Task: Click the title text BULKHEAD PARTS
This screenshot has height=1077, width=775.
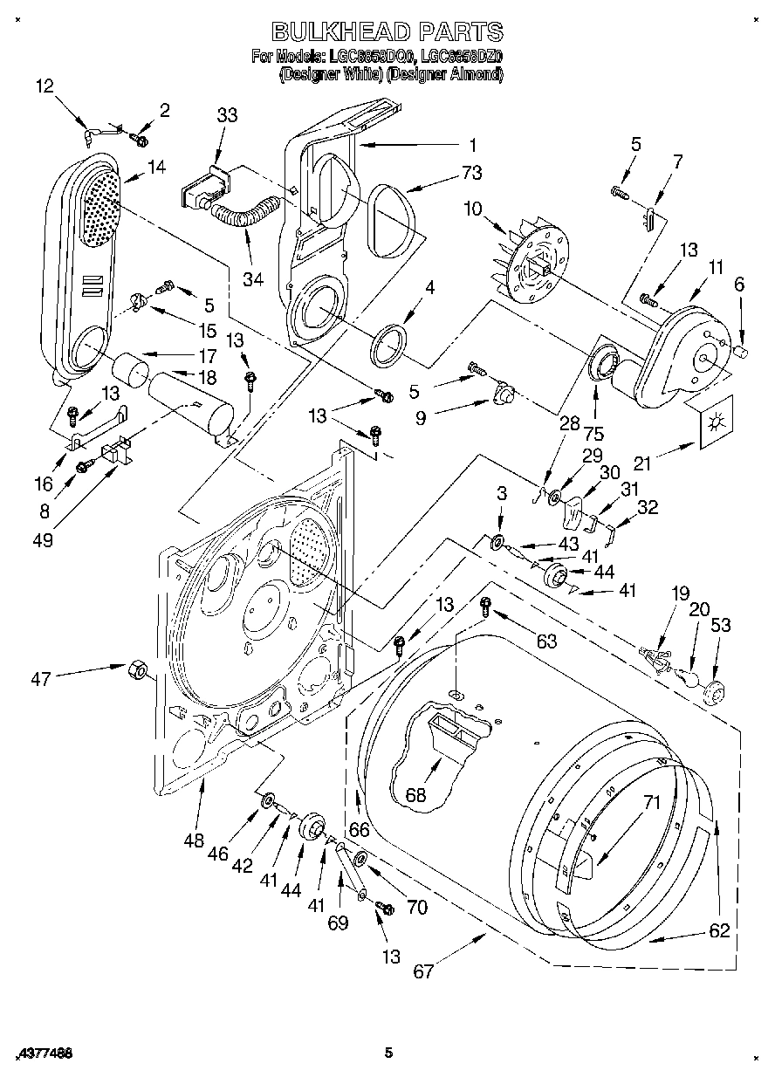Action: pyautogui.click(x=387, y=32)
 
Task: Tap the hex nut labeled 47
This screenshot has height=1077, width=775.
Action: pyautogui.click(x=135, y=669)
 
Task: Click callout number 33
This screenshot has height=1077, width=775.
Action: pyautogui.click(x=227, y=114)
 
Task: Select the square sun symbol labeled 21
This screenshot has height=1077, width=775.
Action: pyautogui.click(x=716, y=422)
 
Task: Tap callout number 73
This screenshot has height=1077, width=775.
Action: pyautogui.click(x=471, y=173)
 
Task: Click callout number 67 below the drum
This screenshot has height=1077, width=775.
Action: pyautogui.click(x=423, y=971)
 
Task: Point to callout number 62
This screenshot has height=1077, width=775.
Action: pyautogui.click(x=717, y=930)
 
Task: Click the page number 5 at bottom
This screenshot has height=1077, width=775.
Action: pyautogui.click(x=389, y=1053)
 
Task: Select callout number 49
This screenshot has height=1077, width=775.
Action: pyautogui.click(x=42, y=540)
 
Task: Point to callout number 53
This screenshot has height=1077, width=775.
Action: pyautogui.click(x=721, y=625)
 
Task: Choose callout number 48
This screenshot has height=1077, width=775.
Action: pyautogui.click(x=194, y=840)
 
